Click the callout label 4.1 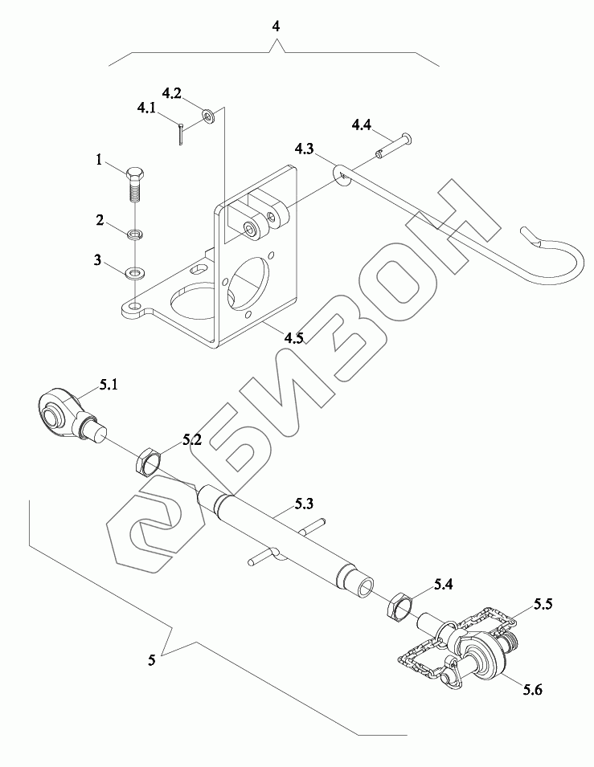pos(146,107)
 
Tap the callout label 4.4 pos(361,124)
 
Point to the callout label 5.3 pos(304,504)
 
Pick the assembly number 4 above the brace pos(276,27)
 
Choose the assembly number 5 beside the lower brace pos(152,660)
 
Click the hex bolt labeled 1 pos(135,184)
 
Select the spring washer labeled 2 pos(135,235)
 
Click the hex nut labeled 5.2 pos(148,462)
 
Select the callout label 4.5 pos(293,338)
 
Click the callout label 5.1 pos(109,386)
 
